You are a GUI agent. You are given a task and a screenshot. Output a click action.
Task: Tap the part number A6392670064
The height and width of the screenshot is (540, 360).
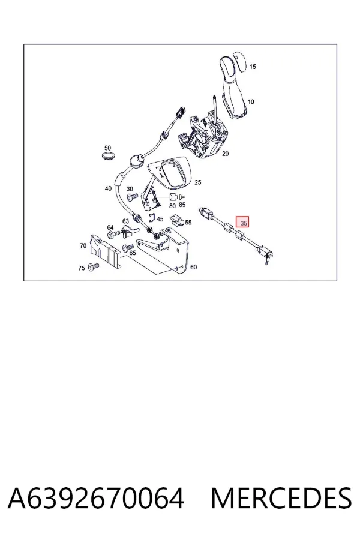click(x=96, y=499)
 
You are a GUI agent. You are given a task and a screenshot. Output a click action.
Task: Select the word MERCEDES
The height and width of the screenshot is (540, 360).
click(x=281, y=499)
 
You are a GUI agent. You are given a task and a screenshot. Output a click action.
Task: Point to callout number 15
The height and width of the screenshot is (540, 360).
click(x=253, y=67)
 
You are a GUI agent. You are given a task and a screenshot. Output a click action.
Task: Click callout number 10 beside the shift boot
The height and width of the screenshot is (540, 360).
click(x=251, y=101)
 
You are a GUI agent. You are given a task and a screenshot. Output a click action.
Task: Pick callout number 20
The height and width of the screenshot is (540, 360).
click(x=225, y=154)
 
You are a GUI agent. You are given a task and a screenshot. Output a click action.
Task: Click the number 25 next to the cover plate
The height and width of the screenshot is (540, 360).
click(x=198, y=182)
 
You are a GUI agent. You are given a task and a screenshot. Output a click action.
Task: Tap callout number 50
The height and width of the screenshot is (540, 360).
click(x=107, y=148)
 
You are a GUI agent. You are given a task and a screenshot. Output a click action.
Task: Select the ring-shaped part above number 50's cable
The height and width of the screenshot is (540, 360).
click(x=108, y=156)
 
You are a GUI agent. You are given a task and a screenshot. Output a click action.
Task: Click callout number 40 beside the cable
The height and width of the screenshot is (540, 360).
click(x=108, y=188)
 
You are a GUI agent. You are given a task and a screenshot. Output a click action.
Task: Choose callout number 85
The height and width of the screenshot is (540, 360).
click(x=182, y=205)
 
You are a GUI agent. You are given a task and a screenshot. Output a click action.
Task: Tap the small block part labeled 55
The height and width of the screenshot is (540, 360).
click(x=178, y=220)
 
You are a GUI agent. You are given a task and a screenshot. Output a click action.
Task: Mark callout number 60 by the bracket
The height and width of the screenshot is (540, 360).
click(x=194, y=267)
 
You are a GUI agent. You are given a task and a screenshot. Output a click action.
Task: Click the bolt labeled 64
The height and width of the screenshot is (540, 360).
click(x=115, y=234)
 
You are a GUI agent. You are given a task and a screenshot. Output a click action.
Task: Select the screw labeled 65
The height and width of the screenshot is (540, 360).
click(x=128, y=247)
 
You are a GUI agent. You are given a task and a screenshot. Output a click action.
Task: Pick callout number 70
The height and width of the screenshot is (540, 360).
click(x=83, y=245)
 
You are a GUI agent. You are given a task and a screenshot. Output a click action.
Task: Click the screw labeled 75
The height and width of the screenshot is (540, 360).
click(x=94, y=266)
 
